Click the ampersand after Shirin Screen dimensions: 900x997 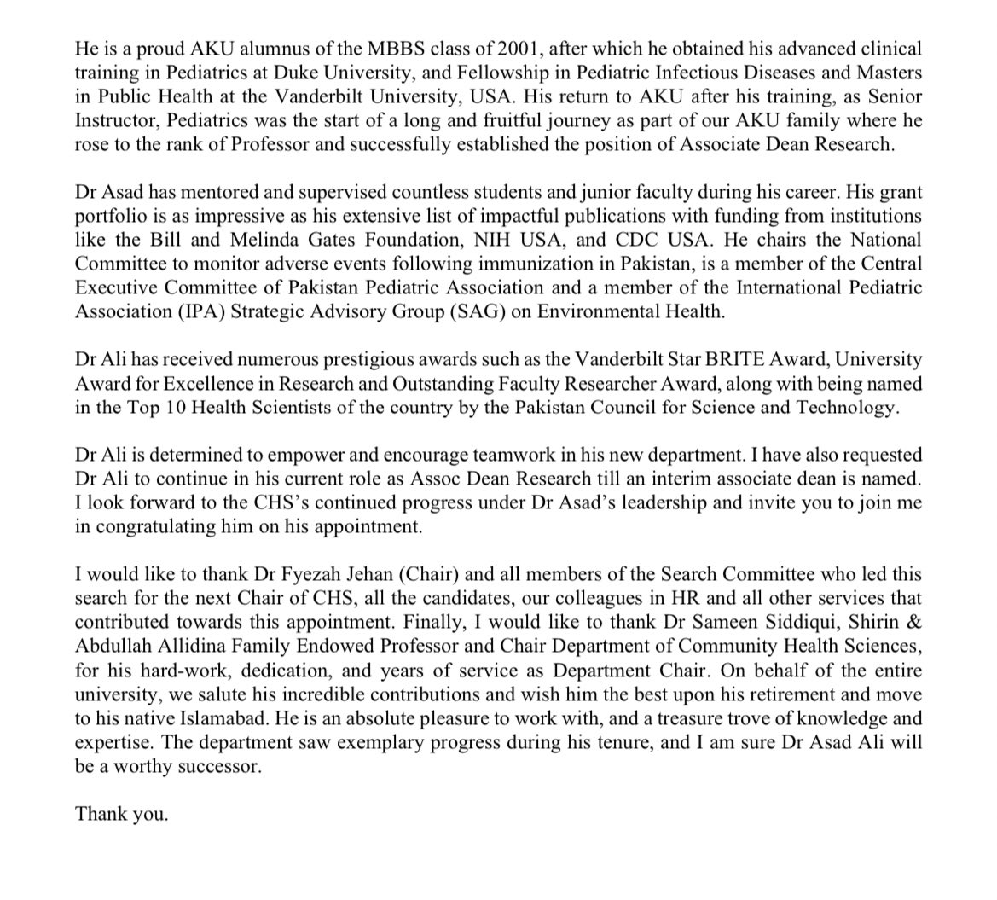tap(914, 622)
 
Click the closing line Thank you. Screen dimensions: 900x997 tap(121, 814)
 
